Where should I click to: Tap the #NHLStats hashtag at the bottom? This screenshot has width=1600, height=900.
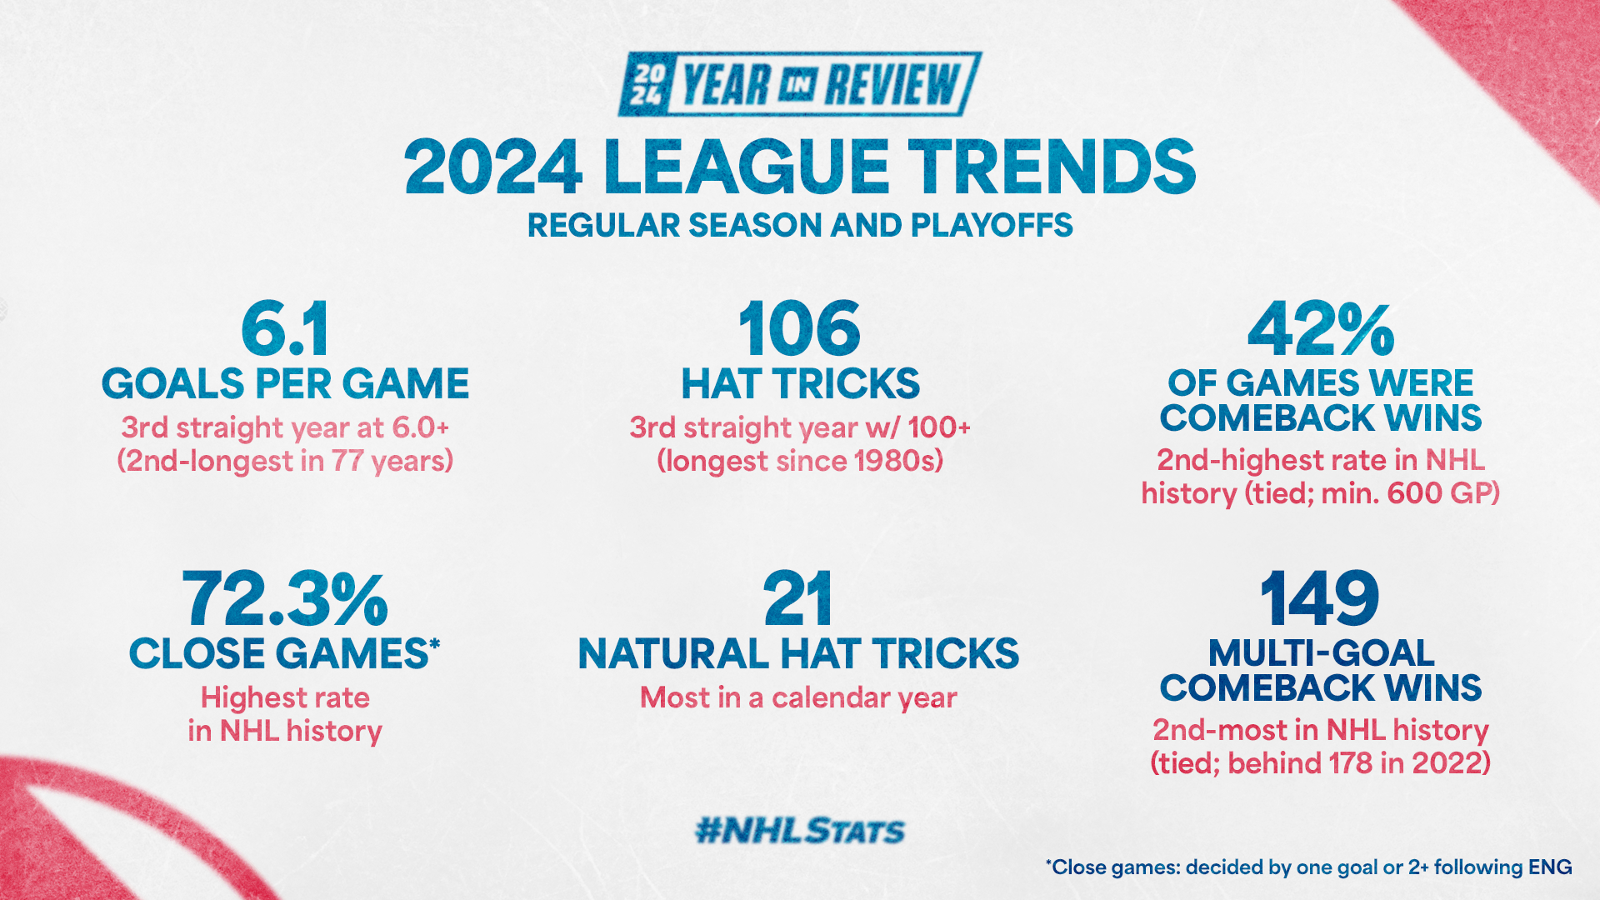pos(800,831)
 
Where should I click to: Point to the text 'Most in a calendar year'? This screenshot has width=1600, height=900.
pos(798,698)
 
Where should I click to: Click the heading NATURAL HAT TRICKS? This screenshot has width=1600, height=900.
pos(798,653)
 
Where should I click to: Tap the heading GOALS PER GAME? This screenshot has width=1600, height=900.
pos(285,383)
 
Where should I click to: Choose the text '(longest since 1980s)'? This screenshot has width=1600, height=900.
pos(800,461)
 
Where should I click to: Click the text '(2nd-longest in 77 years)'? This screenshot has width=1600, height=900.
pos(285,461)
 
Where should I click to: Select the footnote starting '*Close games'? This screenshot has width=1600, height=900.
pos(1308,867)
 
